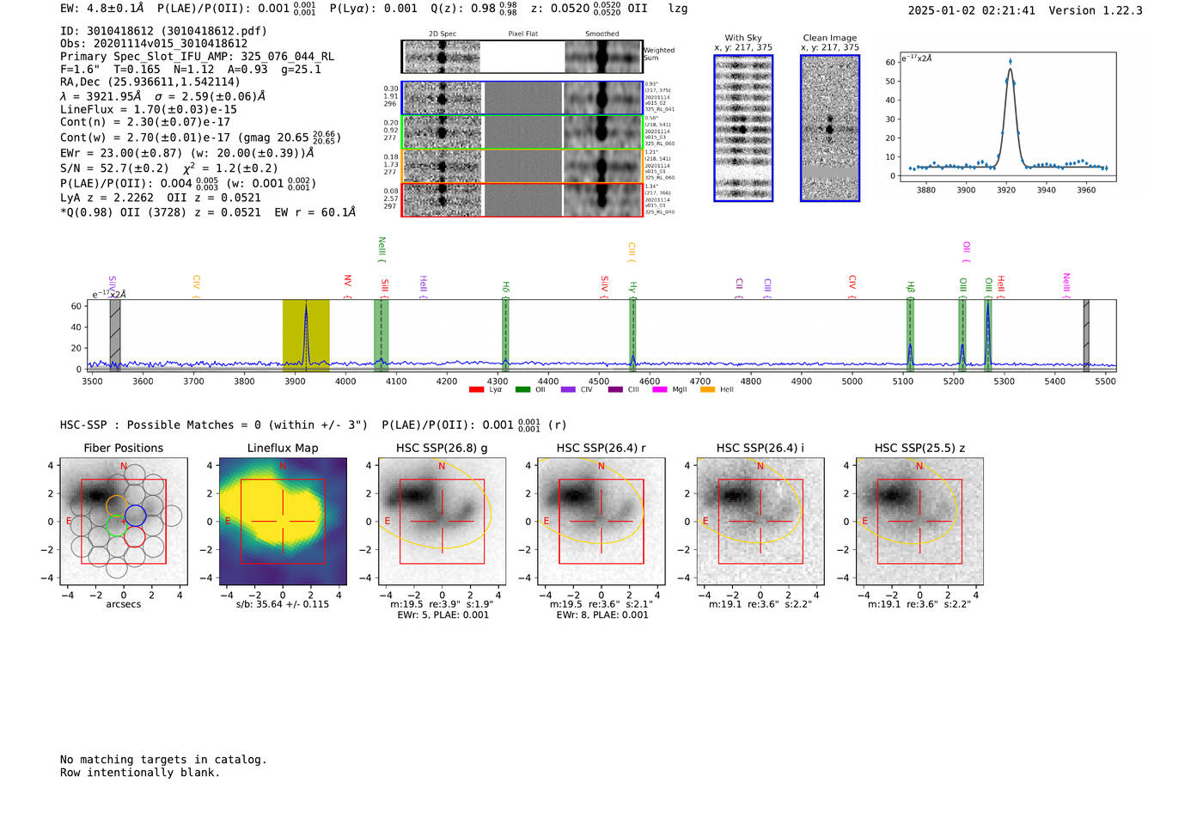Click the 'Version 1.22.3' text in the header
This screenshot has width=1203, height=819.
click(1096, 10)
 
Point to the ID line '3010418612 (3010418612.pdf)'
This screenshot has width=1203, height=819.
click(163, 31)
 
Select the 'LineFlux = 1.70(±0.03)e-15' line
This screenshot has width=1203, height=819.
click(148, 109)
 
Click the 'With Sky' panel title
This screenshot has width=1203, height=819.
click(742, 38)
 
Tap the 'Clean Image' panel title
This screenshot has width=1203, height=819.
click(829, 38)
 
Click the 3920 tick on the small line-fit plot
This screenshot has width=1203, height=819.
click(1006, 189)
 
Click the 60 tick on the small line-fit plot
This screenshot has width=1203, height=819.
click(890, 62)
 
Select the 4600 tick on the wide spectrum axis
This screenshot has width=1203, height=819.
click(650, 382)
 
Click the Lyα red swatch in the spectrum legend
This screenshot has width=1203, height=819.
click(476, 390)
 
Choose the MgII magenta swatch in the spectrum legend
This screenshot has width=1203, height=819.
click(659, 390)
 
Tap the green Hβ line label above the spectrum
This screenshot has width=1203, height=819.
click(911, 287)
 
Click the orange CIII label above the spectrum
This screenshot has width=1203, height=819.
click(632, 251)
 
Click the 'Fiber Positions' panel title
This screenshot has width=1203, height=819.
click(123, 448)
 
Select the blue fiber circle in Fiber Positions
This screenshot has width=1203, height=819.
click(135, 516)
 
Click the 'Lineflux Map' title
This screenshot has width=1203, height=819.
click(282, 448)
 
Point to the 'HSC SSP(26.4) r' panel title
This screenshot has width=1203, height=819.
click(601, 448)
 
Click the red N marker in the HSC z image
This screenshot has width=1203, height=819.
click(919, 466)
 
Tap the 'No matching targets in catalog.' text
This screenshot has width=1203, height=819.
click(163, 760)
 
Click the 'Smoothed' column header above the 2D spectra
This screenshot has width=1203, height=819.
click(601, 34)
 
